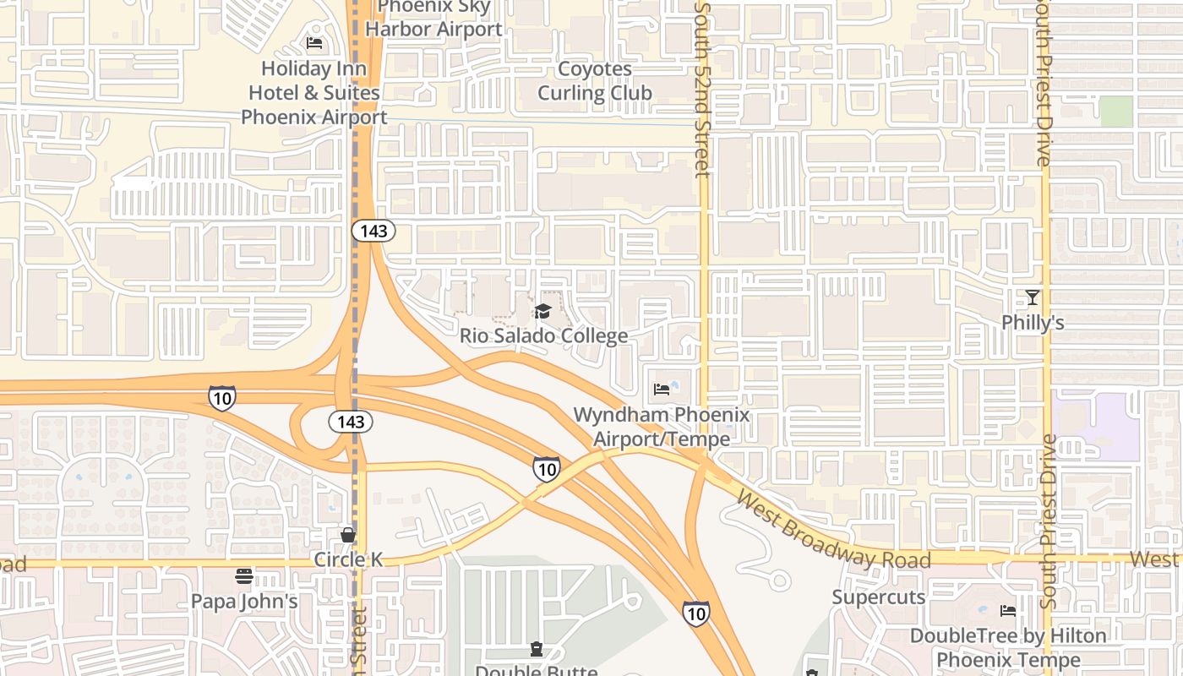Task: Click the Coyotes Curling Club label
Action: tap(595, 81)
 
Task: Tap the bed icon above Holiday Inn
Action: tap(314, 43)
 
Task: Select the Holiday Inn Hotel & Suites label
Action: tap(313, 92)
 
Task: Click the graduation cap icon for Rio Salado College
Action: tap(542, 312)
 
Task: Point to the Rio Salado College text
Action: tap(543, 335)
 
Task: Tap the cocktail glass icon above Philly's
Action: tap(1032, 297)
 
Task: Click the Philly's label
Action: tap(1032, 323)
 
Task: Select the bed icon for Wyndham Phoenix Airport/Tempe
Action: tap(662, 390)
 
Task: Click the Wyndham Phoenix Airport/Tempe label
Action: tap(661, 427)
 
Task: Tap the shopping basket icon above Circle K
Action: tap(347, 535)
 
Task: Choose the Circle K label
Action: tap(348, 559)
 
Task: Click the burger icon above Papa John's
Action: tap(244, 577)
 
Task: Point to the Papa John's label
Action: tap(244, 602)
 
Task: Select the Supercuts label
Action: tap(878, 597)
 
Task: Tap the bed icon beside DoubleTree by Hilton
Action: tap(1007, 611)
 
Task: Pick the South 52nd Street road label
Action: tap(702, 89)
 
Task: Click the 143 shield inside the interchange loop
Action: tap(351, 421)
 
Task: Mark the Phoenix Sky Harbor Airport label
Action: tap(433, 19)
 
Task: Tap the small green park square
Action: tap(1116, 112)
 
